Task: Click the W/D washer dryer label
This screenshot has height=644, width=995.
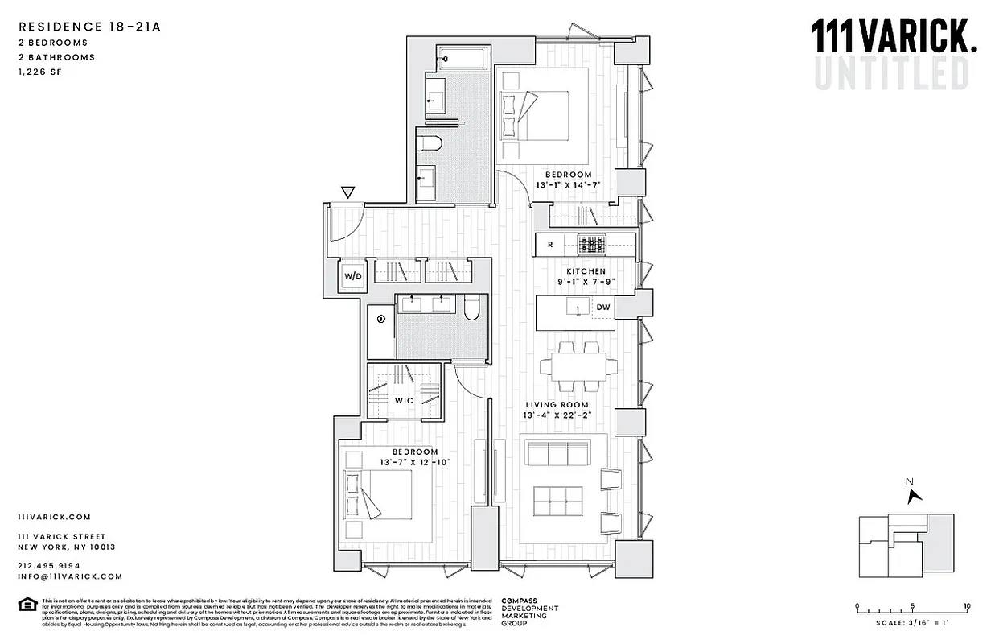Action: (x=352, y=276)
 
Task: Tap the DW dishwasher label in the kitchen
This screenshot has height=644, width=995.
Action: (x=602, y=307)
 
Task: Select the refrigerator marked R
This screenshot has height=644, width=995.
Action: (x=550, y=243)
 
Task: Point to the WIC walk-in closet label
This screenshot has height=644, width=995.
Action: (x=404, y=400)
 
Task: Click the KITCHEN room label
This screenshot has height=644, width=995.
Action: (x=585, y=272)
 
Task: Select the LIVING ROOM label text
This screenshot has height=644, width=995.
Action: (x=557, y=405)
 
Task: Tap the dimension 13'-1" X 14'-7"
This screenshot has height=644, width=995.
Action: (x=569, y=185)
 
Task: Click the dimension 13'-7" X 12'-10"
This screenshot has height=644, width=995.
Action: (x=415, y=462)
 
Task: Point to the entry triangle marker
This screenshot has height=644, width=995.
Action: (x=347, y=192)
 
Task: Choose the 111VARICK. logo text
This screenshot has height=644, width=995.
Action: (x=894, y=37)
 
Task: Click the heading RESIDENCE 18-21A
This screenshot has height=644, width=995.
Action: (x=89, y=27)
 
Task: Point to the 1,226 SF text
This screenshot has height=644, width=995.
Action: (x=39, y=72)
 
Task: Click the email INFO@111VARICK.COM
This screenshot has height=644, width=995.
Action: (x=70, y=576)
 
